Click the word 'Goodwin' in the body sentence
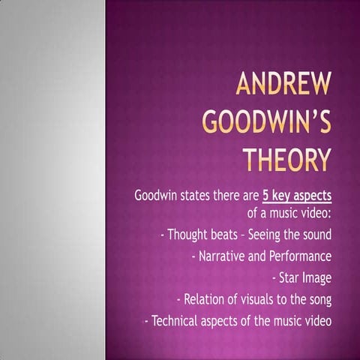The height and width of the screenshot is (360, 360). pos(157,196)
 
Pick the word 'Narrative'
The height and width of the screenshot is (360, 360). pos(221,257)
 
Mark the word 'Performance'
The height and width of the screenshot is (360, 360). pos(299,257)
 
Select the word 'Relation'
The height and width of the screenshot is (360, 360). pos(205,300)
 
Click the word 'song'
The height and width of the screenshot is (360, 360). pos(318,300)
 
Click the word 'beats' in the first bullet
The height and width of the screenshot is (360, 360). pos(226,235)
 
